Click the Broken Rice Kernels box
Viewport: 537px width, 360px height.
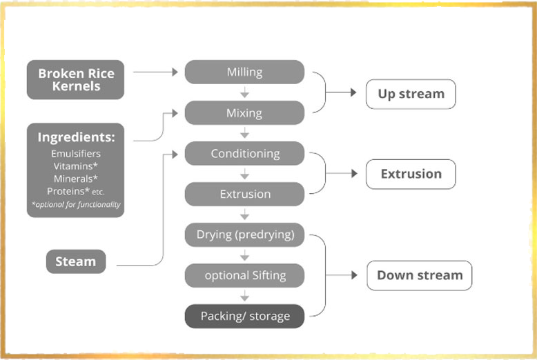pyautogui.click(x=76, y=79)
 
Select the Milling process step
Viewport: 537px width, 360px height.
pyautogui.click(x=244, y=72)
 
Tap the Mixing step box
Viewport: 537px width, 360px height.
pyautogui.click(x=244, y=112)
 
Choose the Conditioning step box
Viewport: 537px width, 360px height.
pyautogui.click(x=244, y=153)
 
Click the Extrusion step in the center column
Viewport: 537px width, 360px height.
pyautogui.click(x=244, y=194)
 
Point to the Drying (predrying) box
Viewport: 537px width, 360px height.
pyautogui.click(x=244, y=234)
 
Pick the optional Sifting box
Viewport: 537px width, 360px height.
pyautogui.click(x=244, y=275)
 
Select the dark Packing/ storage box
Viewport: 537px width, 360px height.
pyautogui.click(x=244, y=316)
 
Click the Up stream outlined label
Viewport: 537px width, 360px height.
pyautogui.click(x=411, y=93)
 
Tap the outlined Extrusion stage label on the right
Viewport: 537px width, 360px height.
pyautogui.click(x=411, y=174)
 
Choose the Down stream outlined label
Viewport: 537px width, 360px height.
pyautogui.click(x=419, y=275)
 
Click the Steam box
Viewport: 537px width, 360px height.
pyautogui.click(x=76, y=261)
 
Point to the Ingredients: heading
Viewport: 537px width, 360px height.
pyautogui.click(x=76, y=137)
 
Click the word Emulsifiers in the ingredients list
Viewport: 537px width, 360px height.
pyautogui.click(x=76, y=153)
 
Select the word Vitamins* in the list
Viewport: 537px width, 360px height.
pyautogui.click(x=76, y=166)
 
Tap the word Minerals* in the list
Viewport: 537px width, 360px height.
pyautogui.click(x=76, y=178)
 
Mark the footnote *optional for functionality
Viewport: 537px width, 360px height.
pyautogui.click(x=76, y=204)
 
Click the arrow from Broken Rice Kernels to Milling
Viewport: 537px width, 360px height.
pyautogui.click(x=155, y=71)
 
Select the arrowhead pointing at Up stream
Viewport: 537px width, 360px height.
pyautogui.click(x=353, y=92)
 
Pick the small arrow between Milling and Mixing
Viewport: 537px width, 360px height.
pyautogui.click(x=244, y=92)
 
